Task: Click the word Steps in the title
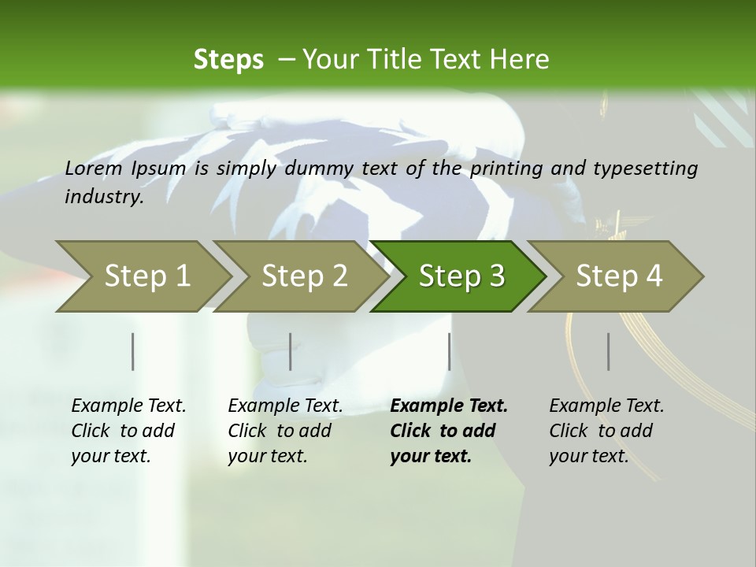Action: tap(228, 59)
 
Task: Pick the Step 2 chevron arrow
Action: tap(303, 276)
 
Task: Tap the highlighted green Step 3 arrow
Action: tap(461, 276)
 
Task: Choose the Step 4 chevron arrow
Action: tap(618, 276)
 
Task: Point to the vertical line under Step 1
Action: tap(133, 351)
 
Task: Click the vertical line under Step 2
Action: tap(291, 351)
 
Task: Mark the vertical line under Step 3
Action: tap(449, 351)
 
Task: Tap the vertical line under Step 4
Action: tap(609, 351)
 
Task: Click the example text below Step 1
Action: tap(128, 431)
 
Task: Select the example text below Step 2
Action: tap(285, 431)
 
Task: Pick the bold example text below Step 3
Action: tap(449, 431)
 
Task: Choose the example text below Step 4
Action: tap(606, 431)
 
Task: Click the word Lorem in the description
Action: tap(94, 169)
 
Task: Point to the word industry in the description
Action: tap(104, 197)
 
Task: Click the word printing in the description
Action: tap(506, 169)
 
